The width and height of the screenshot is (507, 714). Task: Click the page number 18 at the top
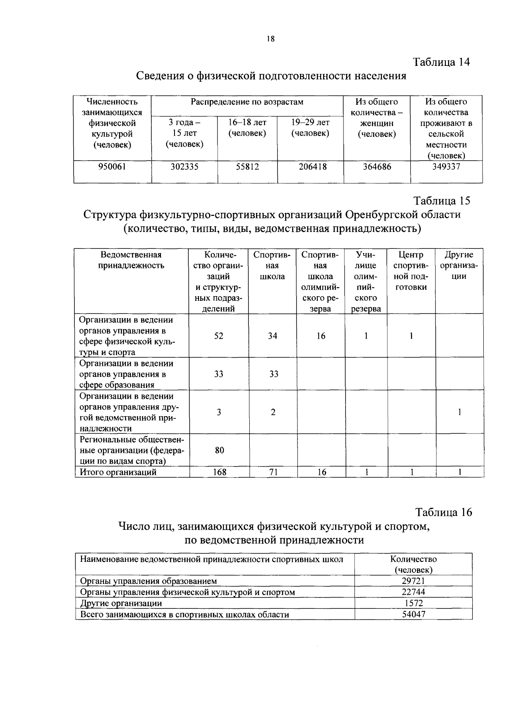270,39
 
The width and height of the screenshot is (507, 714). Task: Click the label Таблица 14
441,62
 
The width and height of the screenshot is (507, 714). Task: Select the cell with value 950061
112,167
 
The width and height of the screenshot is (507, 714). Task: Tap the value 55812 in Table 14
247,167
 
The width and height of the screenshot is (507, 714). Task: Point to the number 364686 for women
377,167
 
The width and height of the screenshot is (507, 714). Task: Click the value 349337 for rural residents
446,166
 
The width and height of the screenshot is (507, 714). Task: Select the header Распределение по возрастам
247,102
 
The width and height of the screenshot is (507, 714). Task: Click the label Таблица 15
442,201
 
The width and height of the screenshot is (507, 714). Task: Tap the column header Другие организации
459,266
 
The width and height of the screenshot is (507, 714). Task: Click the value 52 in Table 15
218,336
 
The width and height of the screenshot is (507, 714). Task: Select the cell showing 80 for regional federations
219,450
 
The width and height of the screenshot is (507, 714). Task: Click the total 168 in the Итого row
219,472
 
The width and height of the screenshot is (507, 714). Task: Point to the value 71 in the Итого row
273,472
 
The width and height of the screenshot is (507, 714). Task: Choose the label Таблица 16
443,512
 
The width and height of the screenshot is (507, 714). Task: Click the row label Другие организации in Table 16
121,603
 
